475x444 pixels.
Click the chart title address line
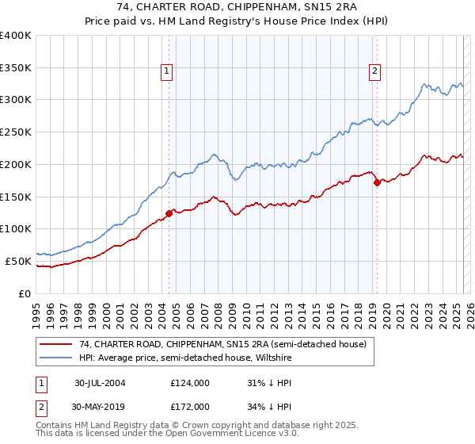click(237, 9)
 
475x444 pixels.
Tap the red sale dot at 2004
click(169, 212)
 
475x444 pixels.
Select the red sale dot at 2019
click(376, 182)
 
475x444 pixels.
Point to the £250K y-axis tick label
click(16, 132)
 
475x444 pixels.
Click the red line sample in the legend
click(56, 345)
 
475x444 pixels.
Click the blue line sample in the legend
click(56, 358)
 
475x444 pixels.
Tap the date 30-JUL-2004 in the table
click(100, 382)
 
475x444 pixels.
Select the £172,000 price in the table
click(190, 406)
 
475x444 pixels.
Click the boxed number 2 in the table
click(40, 406)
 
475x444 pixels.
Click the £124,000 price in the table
click(190, 382)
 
